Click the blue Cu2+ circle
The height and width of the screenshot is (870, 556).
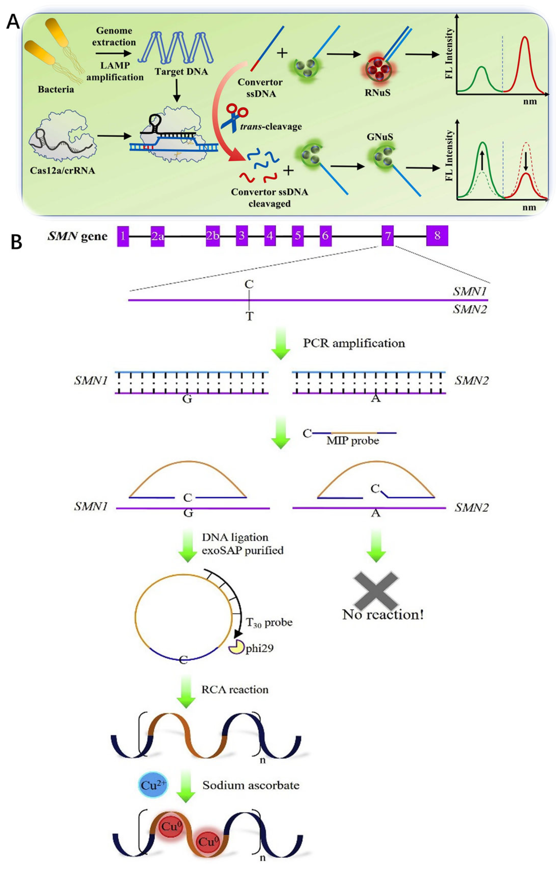coord(153,786)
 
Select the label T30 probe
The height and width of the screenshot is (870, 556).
coord(269,622)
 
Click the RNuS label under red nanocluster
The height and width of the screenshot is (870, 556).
coord(377,93)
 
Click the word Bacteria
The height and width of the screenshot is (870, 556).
coord(56,89)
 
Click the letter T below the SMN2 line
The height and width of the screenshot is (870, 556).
coord(249,317)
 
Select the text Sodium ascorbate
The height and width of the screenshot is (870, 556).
coord(251,786)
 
